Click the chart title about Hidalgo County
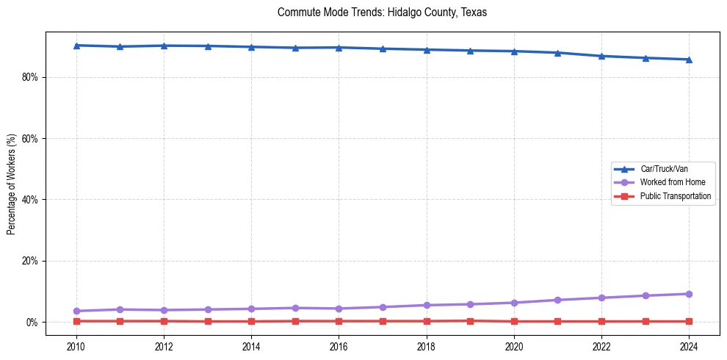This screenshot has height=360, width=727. click(x=382, y=12)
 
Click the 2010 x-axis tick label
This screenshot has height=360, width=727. click(x=76, y=345)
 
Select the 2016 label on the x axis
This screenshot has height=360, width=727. click(x=339, y=345)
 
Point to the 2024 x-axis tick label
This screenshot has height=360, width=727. click(x=689, y=345)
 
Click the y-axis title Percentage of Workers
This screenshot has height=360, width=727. click(x=12, y=184)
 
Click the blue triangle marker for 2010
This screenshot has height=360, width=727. click(x=76, y=46)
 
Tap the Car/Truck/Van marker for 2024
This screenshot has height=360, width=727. click(x=689, y=60)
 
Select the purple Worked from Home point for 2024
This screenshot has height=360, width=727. click(x=689, y=294)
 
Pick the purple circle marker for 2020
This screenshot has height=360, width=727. click(x=514, y=303)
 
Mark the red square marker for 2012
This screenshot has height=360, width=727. click(x=164, y=321)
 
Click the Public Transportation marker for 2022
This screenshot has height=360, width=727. click(x=601, y=321)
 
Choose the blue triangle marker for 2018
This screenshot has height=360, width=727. click(x=427, y=50)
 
